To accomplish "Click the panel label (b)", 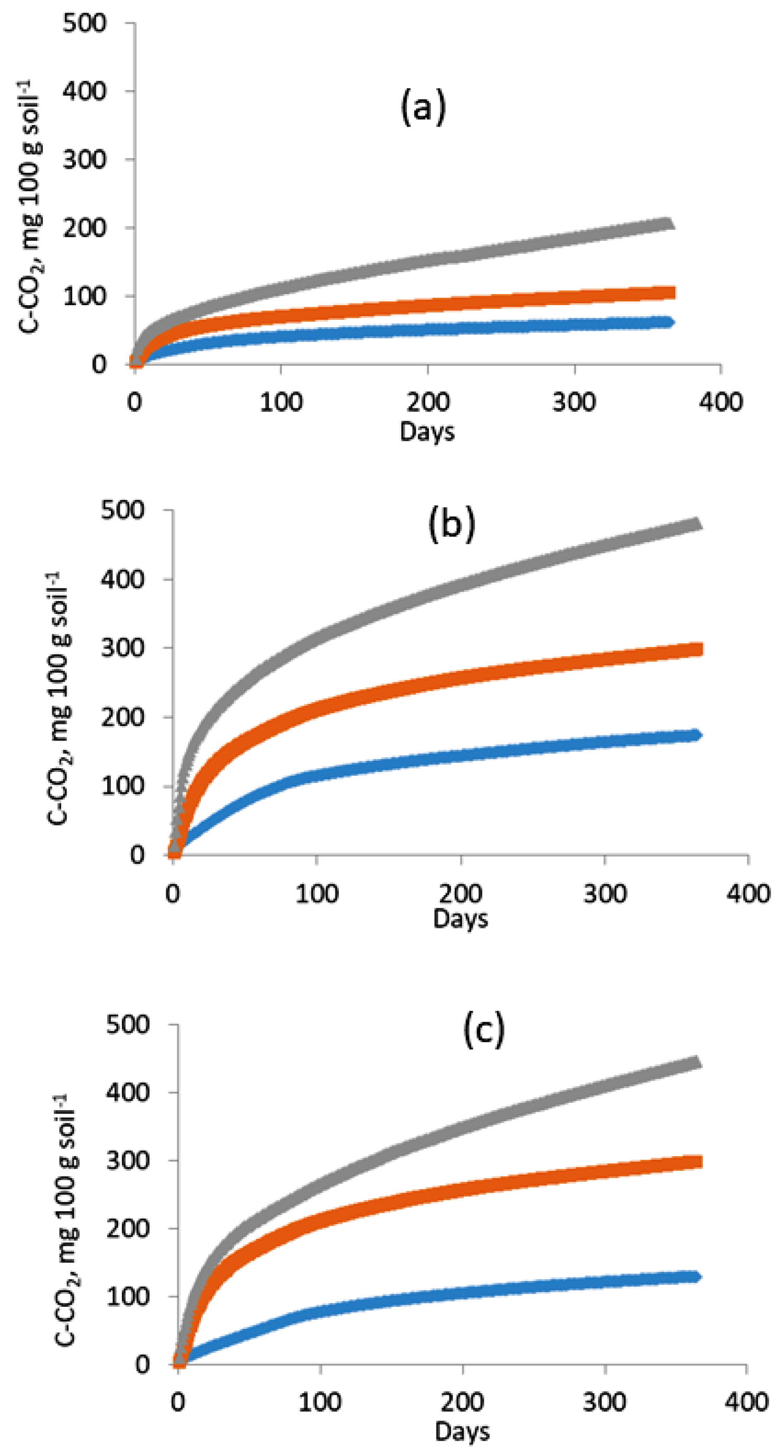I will click(x=452, y=524).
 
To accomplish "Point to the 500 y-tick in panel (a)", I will click(x=84, y=23).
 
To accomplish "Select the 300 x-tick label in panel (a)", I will click(x=574, y=402).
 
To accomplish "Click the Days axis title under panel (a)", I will click(x=427, y=432).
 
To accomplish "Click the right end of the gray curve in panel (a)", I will click(x=669, y=224).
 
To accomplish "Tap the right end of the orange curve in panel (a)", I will click(x=671, y=292).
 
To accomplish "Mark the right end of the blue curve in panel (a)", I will click(x=670, y=322).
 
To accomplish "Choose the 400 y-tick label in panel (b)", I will click(x=122, y=579).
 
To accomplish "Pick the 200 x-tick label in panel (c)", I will click(x=462, y=1403).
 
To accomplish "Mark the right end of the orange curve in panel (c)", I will click(x=697, y=1162).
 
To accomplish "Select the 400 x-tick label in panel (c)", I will click(x=746, y=1403).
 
